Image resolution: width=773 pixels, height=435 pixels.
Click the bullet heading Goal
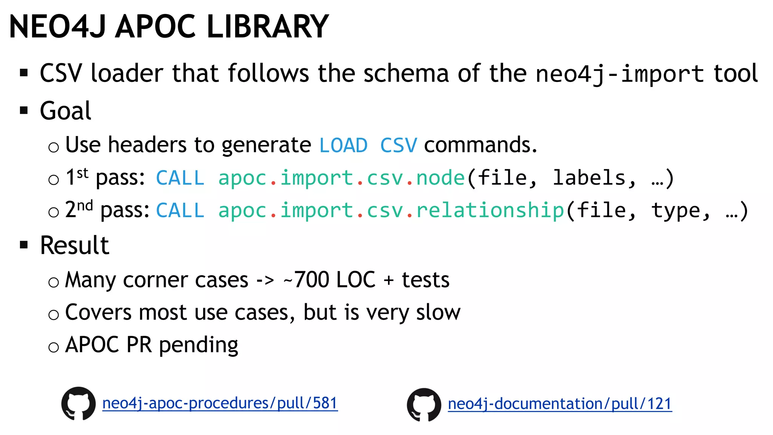[66, 111]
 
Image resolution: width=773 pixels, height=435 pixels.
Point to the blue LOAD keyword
[343, 145]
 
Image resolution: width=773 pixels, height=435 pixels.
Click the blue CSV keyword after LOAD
[399, 145]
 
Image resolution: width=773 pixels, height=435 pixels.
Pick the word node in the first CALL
[440, 178]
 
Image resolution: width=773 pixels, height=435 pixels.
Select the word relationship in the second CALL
[490, 210]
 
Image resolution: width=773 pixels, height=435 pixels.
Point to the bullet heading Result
[75, 245]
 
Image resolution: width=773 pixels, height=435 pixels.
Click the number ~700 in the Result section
[306, 280]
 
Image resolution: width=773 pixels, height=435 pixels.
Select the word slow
[438, 312]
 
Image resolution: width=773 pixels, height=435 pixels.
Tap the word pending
[199, 345]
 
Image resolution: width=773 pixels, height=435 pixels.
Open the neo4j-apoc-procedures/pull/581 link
[220, 403]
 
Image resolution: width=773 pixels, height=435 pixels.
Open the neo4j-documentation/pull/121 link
[560, 404]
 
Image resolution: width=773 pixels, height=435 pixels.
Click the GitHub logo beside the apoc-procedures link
[79, 403]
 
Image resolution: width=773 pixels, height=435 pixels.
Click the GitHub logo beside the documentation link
[424, 404]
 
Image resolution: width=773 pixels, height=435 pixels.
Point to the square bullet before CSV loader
[24, 72]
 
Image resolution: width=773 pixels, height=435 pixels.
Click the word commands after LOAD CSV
[480, 145]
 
